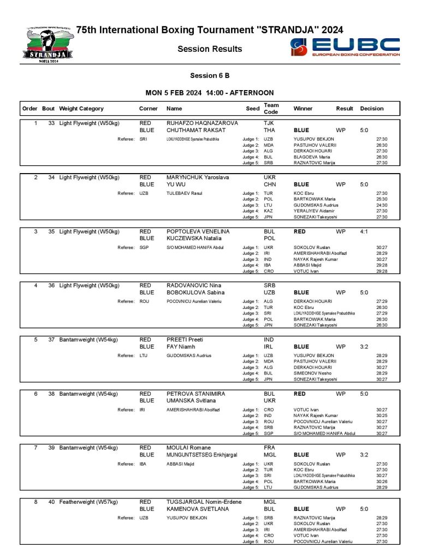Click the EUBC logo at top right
pos(345,47)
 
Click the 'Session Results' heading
pos(210,49)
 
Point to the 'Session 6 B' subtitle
pos(210,75)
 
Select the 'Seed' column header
pos(253,109)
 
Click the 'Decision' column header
pos(372,109)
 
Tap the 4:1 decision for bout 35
pos(364,231)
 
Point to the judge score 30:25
pos(382,415)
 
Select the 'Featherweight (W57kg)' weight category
pos(90,502)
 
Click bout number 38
pos(51,394)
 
